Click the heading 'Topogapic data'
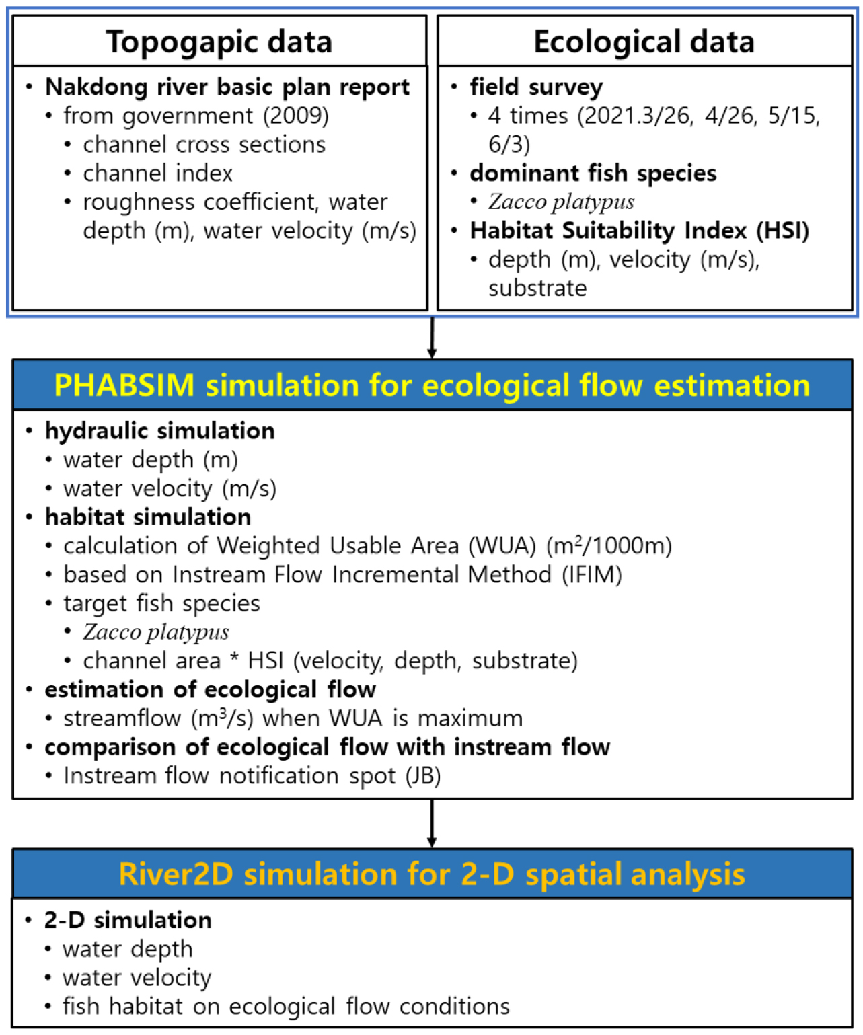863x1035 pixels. pos(219,42)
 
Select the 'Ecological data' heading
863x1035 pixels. pos(644,42)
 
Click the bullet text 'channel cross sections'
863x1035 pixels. pos(204,145)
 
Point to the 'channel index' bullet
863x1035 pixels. pos(157,174)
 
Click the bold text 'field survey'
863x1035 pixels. pos(536,87)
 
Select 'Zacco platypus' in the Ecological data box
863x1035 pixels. pos(561,202)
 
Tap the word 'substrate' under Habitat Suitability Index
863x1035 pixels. pos(537,289)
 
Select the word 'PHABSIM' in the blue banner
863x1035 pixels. pos(124,386)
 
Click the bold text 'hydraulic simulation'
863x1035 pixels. pos(159,431)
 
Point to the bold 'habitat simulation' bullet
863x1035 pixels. pos(148,517)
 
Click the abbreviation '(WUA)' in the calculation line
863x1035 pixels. pos(502,546)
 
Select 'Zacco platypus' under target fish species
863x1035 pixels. pos(156,632)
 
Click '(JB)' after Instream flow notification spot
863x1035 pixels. pos(423,776)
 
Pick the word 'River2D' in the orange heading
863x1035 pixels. pos(176,875)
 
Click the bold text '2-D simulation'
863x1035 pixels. pos(128,920)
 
